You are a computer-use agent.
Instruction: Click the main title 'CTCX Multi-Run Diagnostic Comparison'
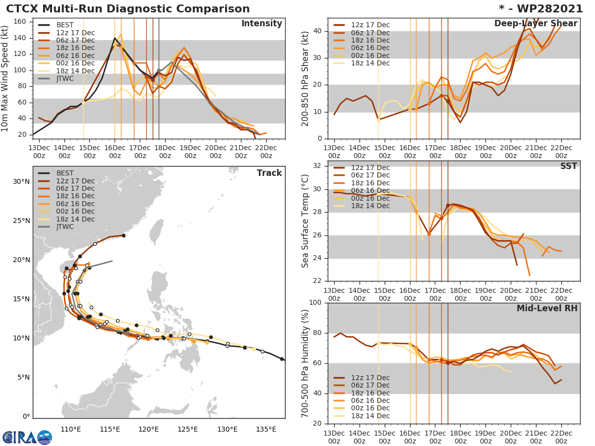128,9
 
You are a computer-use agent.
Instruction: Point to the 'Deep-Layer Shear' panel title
535,24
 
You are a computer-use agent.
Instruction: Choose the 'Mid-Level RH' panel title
547,308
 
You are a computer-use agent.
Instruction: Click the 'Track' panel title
269,173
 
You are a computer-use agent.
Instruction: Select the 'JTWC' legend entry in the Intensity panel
66,79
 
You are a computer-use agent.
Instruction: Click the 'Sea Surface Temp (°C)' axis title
305,221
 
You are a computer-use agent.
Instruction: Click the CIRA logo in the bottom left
27,437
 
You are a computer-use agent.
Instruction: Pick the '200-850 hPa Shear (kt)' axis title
305,78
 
